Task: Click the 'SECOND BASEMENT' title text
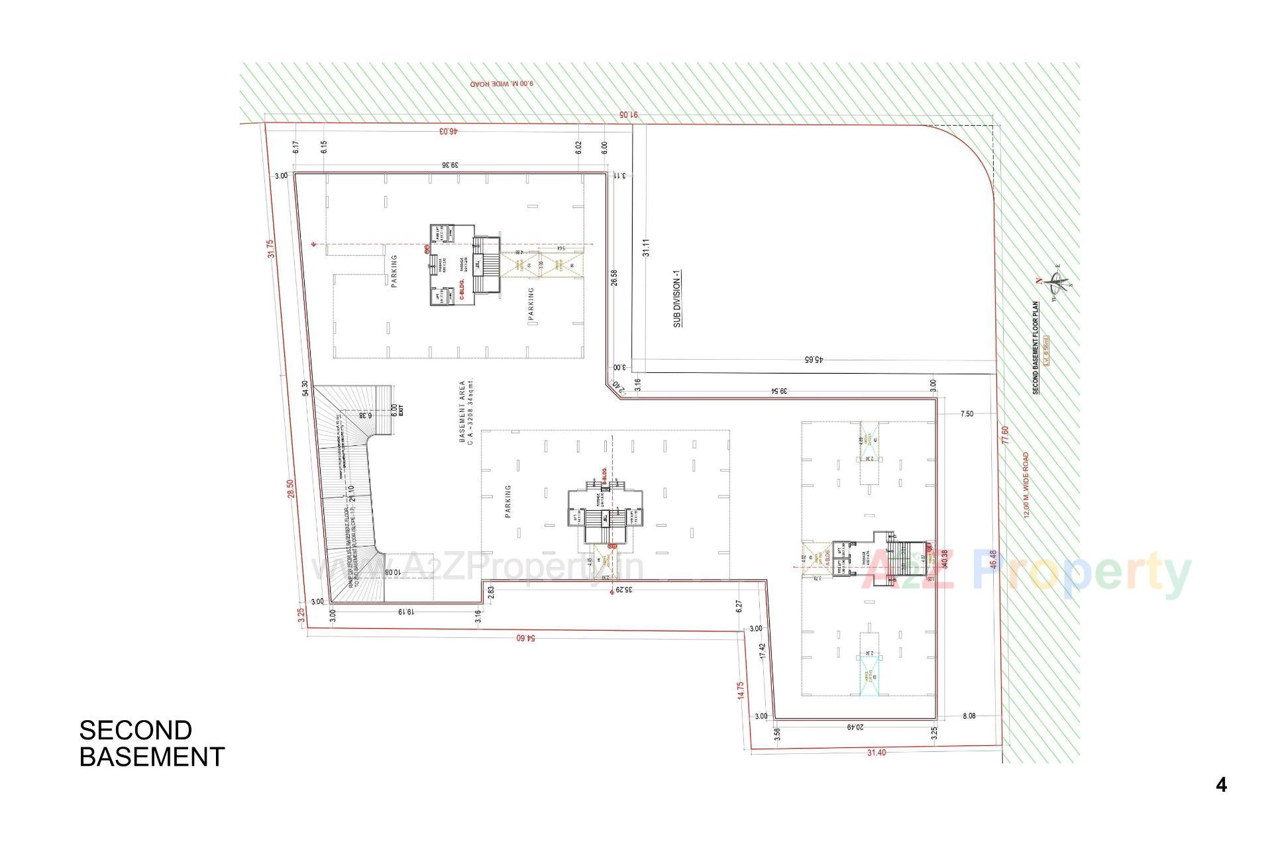coord(152,743)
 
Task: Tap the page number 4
coord(1221,785)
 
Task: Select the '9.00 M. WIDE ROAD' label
coord(502,84)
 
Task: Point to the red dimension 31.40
coord(876,753)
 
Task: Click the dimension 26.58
coord(615,277)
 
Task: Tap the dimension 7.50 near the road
coord(967,414)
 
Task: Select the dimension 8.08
coord(969,716)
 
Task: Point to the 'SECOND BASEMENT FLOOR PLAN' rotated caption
coord(1035,348)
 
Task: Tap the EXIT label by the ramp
coord(400,410)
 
